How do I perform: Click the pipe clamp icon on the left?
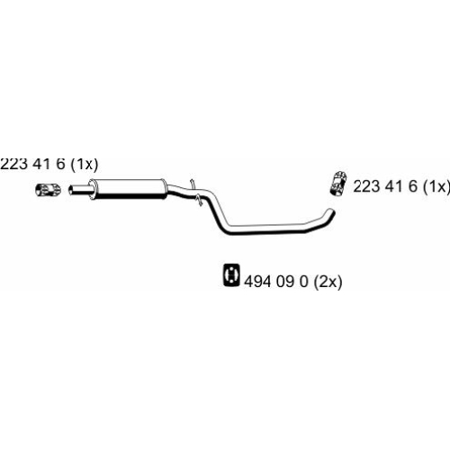pyautogui.click(x=48, y=190)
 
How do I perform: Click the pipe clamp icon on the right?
pyautogui.click(x=337, y=184)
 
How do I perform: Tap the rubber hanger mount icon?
pyautogui.click(x=231, y=274)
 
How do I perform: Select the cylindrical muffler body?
pyautogui.click(x=129, y=189)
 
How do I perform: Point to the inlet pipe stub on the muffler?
pyautogui.click(x=79, y=190)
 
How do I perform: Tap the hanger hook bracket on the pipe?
pyautogui.click(x=195, y=192)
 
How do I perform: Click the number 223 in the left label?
pyautogui.click(x=14, y=164)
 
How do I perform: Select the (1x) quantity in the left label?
pyautogui.click(x=85, y=165)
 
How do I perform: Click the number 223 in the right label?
pyautogui.click(x=367, y=186)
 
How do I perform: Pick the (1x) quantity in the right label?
pyautogui.click(x=436, y=186)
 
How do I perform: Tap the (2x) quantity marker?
pyautogui.click(x=328, y=282)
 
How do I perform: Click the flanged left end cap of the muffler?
pyautogui.click(x=93, y=189)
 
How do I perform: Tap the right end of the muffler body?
pyautogui.click(x=164, y=188)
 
